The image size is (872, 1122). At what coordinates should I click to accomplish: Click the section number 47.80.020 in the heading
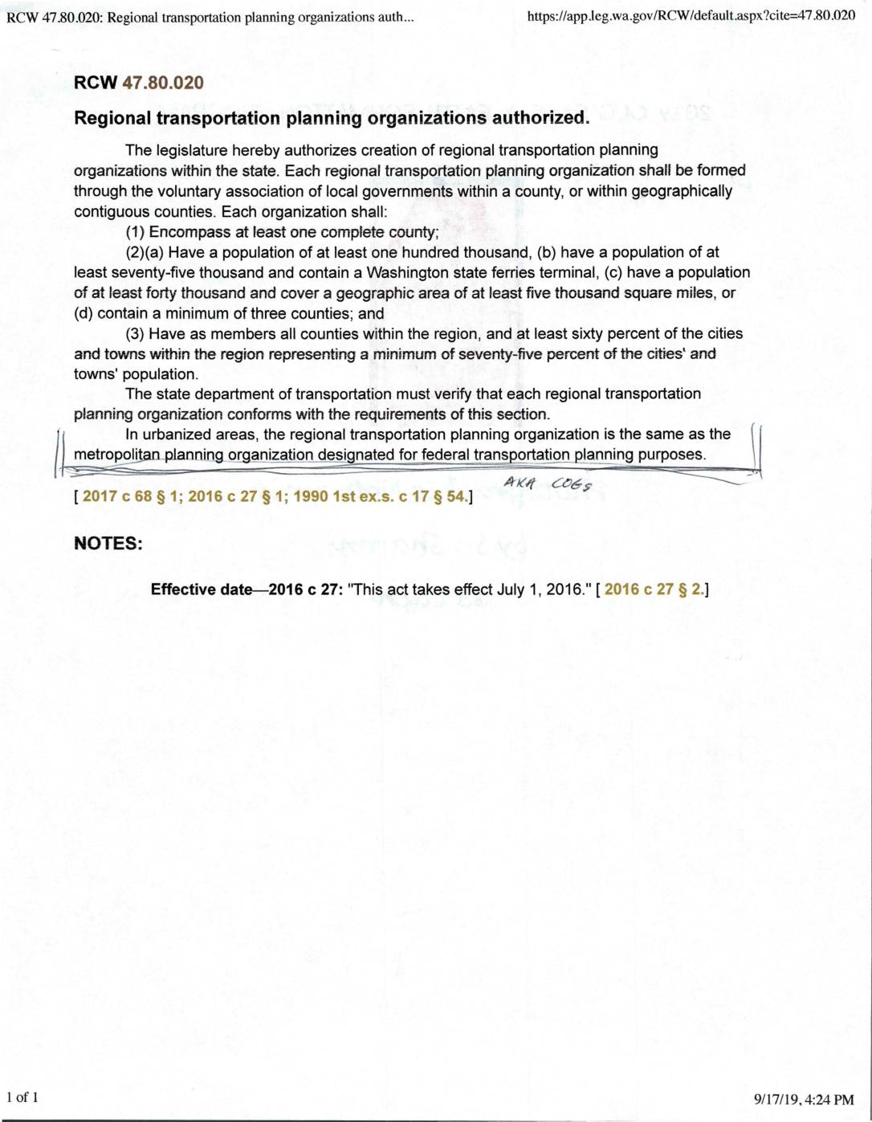tap(163, 83)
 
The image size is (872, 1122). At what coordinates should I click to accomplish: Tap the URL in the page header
tap(691, 15)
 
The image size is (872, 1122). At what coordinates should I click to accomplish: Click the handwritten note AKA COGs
tap(548, 483)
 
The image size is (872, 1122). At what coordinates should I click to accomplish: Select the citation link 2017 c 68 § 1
tap(128, 496)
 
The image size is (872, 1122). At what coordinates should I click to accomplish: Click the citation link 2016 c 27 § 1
tap(234, 496)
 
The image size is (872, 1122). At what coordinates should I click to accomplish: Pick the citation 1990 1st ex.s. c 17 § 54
tap(379, 496)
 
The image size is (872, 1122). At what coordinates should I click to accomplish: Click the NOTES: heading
tap(108, 543)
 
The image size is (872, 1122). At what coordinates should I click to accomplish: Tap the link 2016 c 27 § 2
tap(654, 590)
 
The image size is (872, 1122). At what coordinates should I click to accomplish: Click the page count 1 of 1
tap(22, 1097)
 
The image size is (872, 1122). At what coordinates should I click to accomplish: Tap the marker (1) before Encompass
tap(135, 232)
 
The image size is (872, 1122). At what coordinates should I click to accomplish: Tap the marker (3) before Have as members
tap(135, 333)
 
